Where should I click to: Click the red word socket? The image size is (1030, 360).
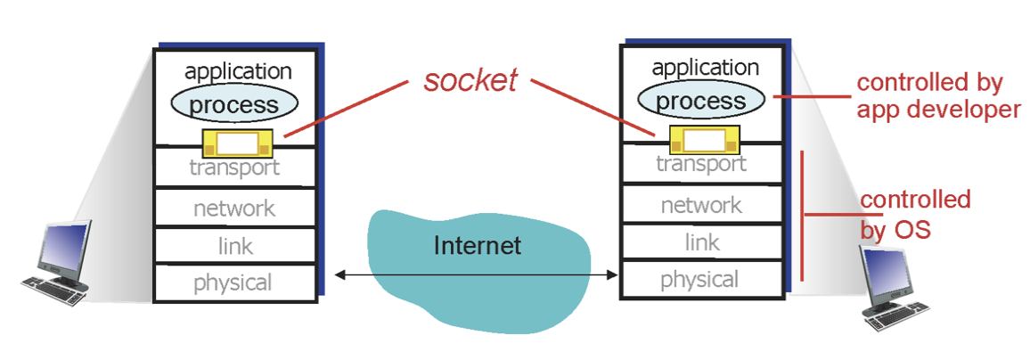[470, 80]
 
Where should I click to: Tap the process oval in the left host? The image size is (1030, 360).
[234, 104]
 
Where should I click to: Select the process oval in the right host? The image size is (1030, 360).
[701, 100]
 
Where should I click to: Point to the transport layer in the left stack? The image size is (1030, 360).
[235, 168]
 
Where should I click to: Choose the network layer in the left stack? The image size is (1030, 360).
[235, 209]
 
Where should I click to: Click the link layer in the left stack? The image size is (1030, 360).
[235, 246]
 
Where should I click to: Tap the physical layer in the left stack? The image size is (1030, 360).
[235, 283]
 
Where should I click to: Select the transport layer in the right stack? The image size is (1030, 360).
[701, 164]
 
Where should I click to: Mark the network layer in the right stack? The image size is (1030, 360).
[701, 205]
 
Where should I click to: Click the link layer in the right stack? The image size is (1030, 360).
[701, 242]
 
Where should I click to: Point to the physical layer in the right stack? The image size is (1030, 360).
[701, 280]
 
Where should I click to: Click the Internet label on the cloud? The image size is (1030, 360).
[477, 245]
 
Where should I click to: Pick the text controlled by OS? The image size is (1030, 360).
[914, 214]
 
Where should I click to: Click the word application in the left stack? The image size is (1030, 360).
[238, 71]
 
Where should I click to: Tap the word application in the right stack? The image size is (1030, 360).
[705, 68]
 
